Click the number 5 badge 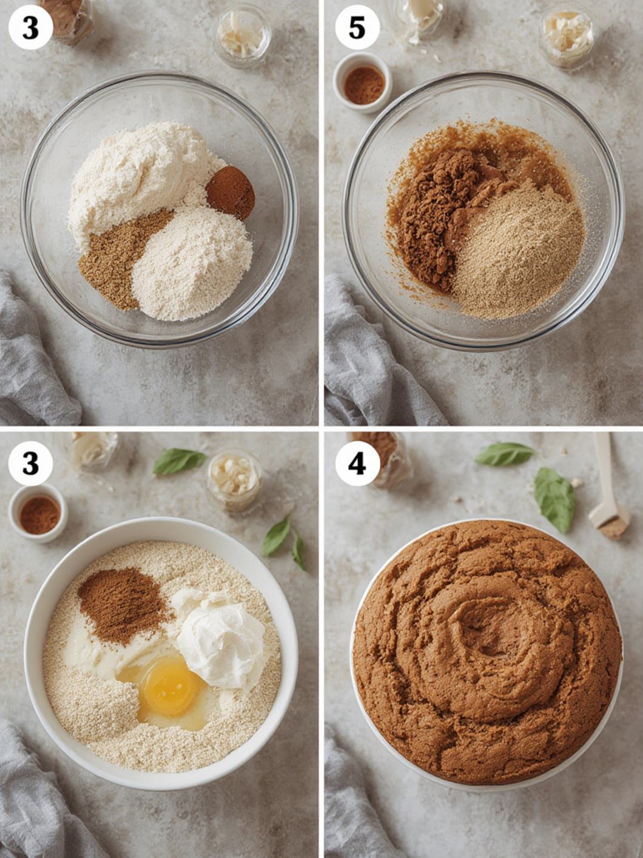click(x=357, y=28)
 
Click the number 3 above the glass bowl click(x=30, y=28)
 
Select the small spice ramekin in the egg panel click(x=38, y=513)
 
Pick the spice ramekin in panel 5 click(x=362, y=83)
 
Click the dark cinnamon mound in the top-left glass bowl click(x=231, y=192)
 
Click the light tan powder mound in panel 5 click(x=520, y=250)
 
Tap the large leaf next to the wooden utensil click(x=554, y=501)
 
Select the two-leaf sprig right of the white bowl click(x=284, y=541)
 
